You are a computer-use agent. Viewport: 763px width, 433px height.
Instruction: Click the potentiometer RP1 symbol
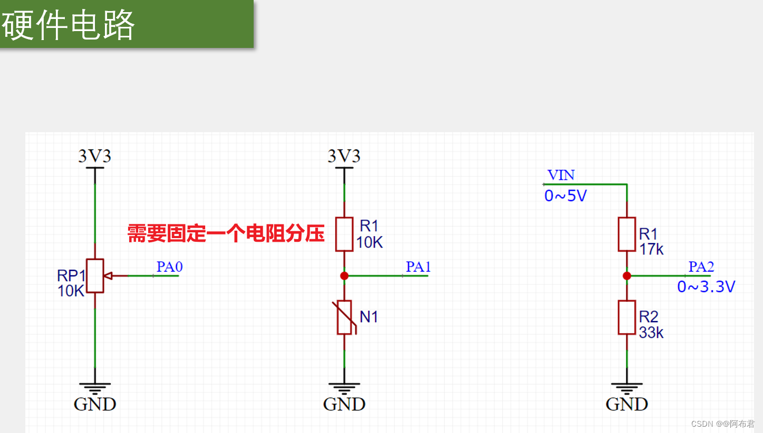click(x=95, y=275)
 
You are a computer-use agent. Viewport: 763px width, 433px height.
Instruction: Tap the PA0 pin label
click(x=169, y=267)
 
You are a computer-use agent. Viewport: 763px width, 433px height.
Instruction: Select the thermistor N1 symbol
click(x=344, y=317)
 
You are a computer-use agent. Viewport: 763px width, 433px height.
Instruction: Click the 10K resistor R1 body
click(x=344, y=234)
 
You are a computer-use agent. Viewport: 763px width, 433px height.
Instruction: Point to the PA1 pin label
click(x=418, y=267)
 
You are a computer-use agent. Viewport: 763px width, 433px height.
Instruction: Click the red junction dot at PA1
click(x=344, y=275)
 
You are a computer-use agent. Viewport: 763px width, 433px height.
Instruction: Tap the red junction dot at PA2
click(x=627, y=275)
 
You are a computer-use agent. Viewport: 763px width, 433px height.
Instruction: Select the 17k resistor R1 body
click(x=627, y=234)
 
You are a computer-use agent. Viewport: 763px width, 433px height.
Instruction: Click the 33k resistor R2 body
click(x=627, y=317)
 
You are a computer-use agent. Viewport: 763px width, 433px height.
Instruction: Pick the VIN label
click(x=561, y=175)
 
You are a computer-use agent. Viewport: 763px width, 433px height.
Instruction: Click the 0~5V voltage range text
click(x=565, y=196)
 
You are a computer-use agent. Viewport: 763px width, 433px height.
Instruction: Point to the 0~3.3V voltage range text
click(x=706, y=287)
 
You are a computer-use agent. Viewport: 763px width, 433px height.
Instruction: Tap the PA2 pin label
click(x=701, y=267)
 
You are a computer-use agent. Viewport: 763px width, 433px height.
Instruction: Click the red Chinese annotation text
click(x=226, y=233)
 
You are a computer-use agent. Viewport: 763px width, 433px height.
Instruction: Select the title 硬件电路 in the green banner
click(x=69, y=25)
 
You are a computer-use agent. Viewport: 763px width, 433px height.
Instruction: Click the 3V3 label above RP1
click(x=95, y=156)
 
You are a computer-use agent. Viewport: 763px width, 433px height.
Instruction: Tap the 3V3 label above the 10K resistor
click(x=344, y=156)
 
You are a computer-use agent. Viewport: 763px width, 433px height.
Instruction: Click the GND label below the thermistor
click(x=344, y=404)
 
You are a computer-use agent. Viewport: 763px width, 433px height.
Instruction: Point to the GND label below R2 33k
click(x=627, y=404)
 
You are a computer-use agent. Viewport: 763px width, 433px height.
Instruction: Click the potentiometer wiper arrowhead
click(x=109, y=275)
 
